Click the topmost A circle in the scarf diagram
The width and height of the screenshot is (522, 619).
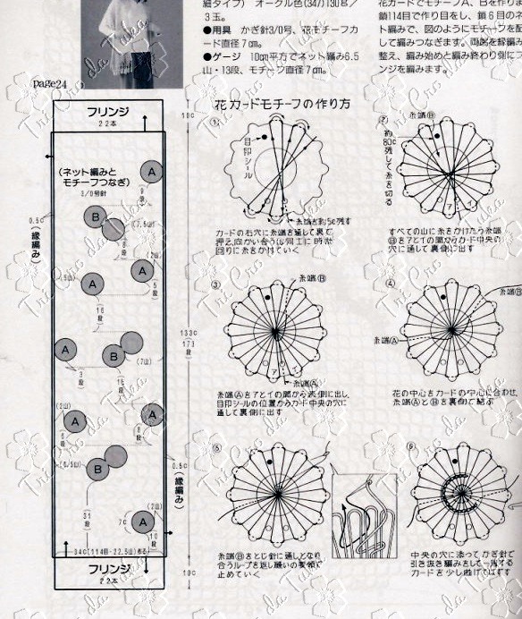pyautogui.click(x=152, y=171)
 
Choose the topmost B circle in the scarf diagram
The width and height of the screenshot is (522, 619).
pyautogui.click(x=95, y=217)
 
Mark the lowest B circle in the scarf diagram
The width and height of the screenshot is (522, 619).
pyautogui.click(x=97, y=467)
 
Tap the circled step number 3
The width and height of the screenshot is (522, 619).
pyautogui.click(x=215, y=285)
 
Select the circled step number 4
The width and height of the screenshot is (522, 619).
pyautogui.click(x=385, y=285)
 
